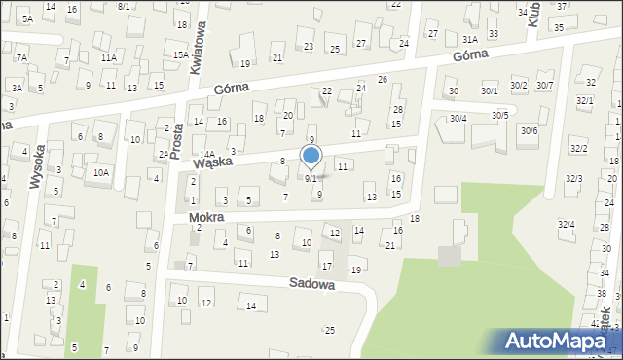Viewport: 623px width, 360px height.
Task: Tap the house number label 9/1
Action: pyautogui.click(x=311, y=179)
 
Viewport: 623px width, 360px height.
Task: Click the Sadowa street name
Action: pyautogui.click(x=311, y=285)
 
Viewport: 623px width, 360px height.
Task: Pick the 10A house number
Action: pyautogui.click(x=100, y=172)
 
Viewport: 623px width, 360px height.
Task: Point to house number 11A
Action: pyautogui.click(x=108, y=58)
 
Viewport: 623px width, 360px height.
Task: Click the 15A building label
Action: pyautogui.click(x=181, y=55)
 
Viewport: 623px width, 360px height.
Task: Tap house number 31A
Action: pyautogui.click(x=469, y=39)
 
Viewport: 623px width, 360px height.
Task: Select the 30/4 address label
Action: pyautogui.click(x=458, y=118)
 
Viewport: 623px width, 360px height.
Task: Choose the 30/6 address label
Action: pyautogui.click(x=529, y=130)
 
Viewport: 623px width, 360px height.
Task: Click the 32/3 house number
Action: pyautogui.click(x=574, y=178)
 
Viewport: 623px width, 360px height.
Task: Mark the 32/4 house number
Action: pyautogui.click(x=566, y=224)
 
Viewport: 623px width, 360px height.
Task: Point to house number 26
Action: pyautogui.click(x=383, y=79)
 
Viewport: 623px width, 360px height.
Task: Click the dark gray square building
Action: pyautogui.click(x=449, y=256)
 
